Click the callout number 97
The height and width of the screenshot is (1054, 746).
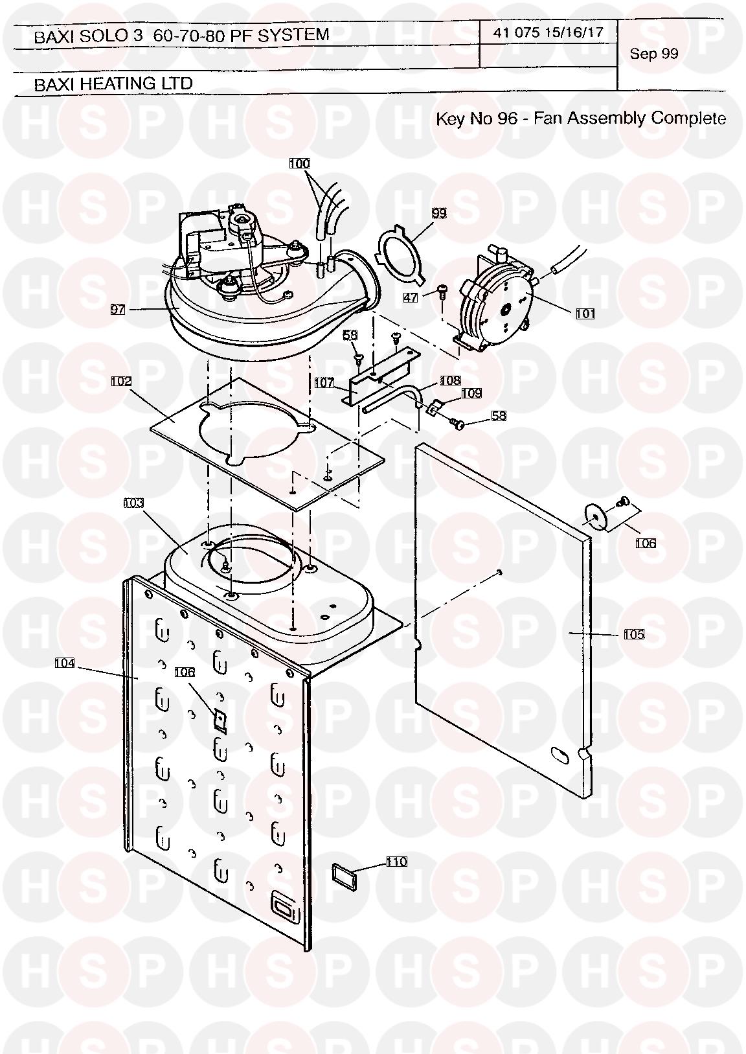[x=118, y=309]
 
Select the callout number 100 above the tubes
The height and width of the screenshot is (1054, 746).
[x=300, y=163]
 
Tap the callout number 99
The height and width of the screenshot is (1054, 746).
[x=439, y=213]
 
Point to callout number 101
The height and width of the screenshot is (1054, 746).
[x=585, y=314]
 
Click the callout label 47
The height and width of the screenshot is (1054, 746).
[x=411, y=297]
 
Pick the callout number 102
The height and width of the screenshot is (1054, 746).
[x=121, y=381]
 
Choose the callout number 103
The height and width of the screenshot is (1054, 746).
[x=133, y=503]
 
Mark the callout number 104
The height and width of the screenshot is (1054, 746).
[x=65, y=663]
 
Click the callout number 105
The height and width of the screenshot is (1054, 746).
[x=633, y=634]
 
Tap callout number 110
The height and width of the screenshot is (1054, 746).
[x=396, y=862]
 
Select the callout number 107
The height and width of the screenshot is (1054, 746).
[x=324, y=383]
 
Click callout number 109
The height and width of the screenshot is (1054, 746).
[x=472, y=393]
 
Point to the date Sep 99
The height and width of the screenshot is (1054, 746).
[x=654, y=54]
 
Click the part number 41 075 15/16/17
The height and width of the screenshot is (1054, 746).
[x=548, y=32]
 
